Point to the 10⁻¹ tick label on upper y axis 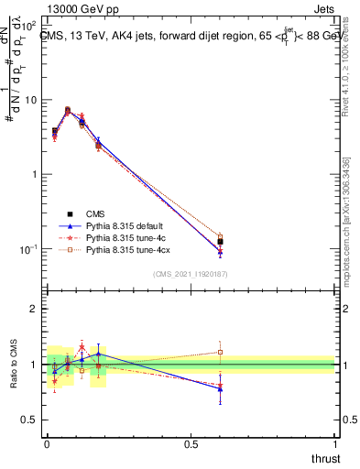pyautogui.click(x=29, y=249)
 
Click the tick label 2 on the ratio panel pyautogui.click(x=34, y=309)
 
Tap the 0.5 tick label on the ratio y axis pyautogui.click(x=29, y=420)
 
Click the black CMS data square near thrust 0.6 pyautogui.click(x=219, y=242)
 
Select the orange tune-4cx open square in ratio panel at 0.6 pyautogui.click(x=219, y=352)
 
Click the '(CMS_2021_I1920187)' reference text pyautogui.click(x=190, y=273)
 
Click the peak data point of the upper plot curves pyautogui.click(x=68, y=110)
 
